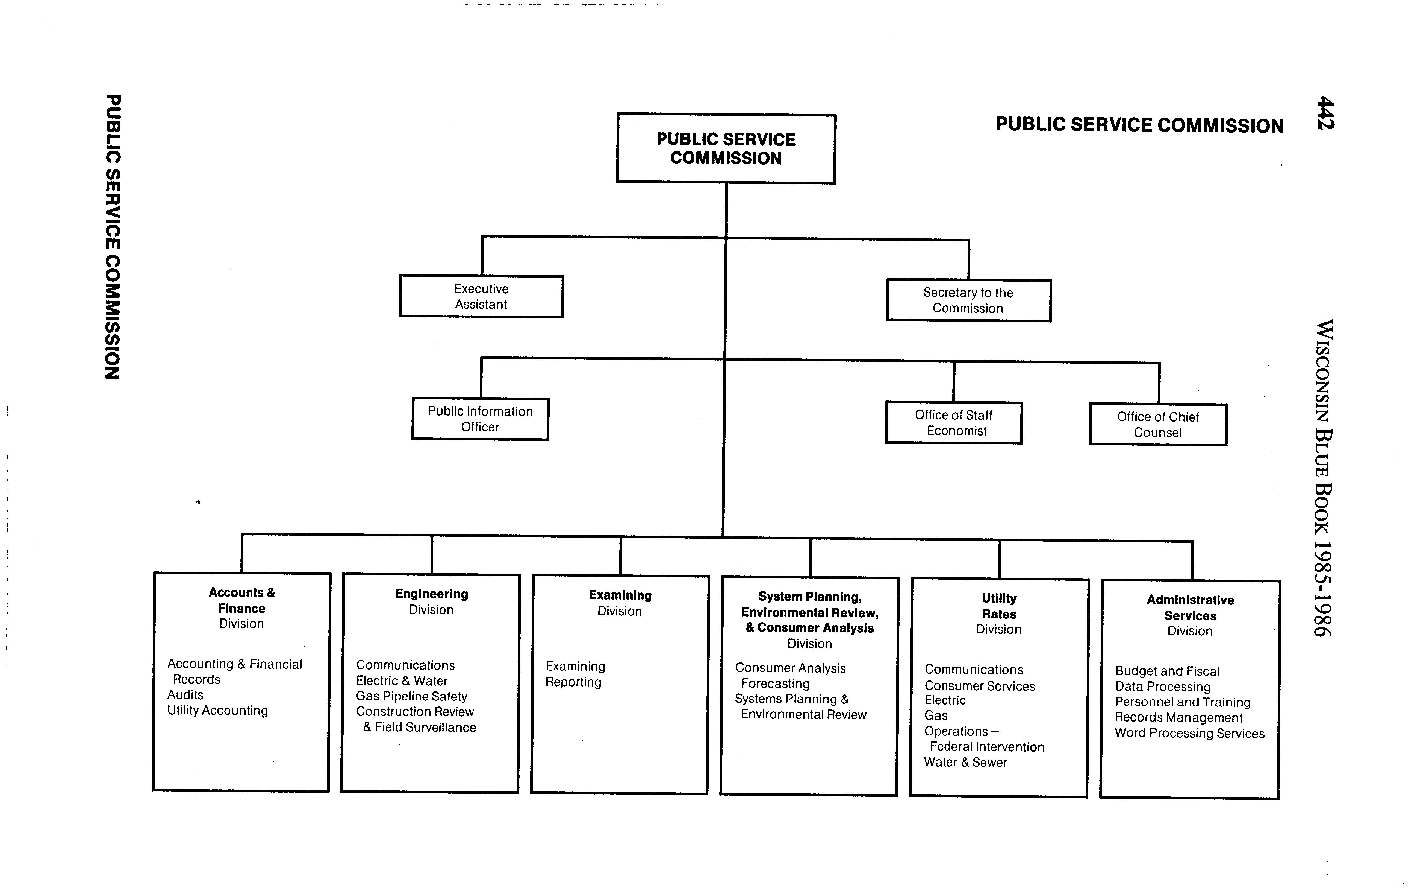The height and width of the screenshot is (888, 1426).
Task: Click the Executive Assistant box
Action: (481, 297)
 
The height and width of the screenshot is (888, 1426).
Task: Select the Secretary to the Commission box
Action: (968, 300)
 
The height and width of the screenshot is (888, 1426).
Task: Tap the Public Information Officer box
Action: (480, 419)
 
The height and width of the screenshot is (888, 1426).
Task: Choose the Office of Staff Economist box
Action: (954, 423)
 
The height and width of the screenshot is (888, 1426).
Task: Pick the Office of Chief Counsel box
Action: (1158, 425)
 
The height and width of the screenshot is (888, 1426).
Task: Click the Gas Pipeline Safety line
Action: (411, 697)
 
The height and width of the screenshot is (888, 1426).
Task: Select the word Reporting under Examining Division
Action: (573, 682)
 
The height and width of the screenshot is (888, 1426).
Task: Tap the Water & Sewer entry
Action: (965, 762)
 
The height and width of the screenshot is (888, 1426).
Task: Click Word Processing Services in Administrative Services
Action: (1189, 734)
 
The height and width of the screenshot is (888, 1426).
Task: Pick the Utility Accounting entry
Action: (217, 711)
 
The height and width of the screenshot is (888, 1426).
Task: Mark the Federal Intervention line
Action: (987, 747)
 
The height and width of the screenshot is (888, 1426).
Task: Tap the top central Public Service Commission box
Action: (726, 148)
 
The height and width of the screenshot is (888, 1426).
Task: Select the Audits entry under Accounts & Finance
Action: (185, 695)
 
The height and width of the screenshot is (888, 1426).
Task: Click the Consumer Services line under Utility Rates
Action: (979, 686)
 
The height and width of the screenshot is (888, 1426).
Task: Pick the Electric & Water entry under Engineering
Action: (401, 681)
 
